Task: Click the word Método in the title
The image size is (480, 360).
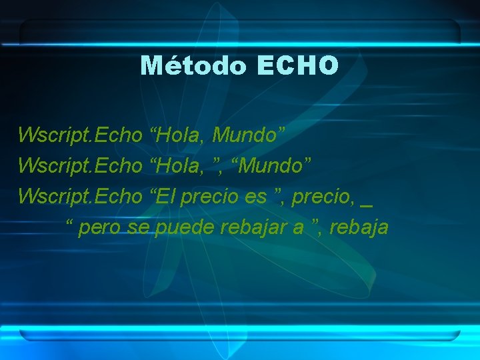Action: [194, 65]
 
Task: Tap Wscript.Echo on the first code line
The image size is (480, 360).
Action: [81, 136]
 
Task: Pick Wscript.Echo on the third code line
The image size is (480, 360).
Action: [81, 197]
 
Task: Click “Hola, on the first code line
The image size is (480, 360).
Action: [178, 136]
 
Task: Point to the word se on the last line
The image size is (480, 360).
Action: [141, 228]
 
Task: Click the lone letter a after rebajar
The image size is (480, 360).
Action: [298, 228]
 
